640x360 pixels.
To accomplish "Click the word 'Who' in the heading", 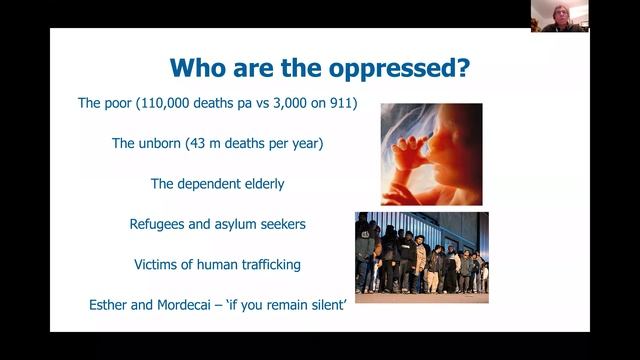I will coord(197,68).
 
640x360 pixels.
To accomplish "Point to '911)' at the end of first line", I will coord(341,103).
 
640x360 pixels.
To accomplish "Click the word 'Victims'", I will coord(157,265).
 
